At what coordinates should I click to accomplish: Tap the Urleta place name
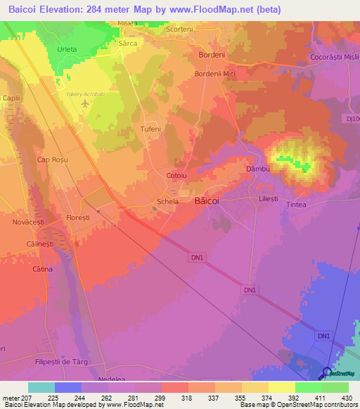pyautogui.click(x=67, y=49)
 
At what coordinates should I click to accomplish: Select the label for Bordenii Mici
pyautogui.click(x=215, y=73)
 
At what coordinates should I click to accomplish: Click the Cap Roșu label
pyautogui.click(x=51, y=160)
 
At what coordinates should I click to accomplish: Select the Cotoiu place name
pyautogui.click(x=176, y=175)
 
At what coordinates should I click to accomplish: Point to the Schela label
pyautogui.click(x=167, y=201)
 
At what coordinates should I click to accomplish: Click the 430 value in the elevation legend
pyautogui.click(x=345, y=398)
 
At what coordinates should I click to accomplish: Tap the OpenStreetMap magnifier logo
pyautogui.click(x=326, y=373)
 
